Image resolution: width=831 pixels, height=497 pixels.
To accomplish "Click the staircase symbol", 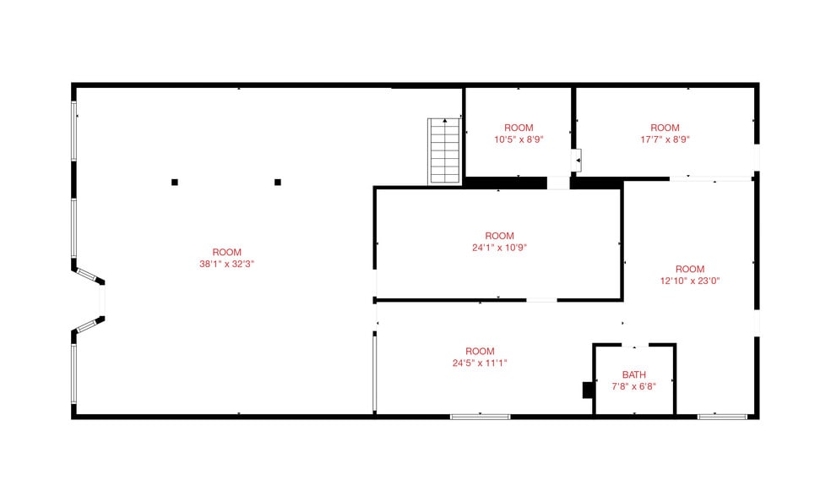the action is pyautogui.click(x=444, y=151).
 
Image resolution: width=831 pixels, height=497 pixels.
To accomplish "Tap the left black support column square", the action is pyautogui.click(x=174, y=183).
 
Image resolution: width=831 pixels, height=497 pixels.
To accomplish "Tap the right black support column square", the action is pyautogui.click(x=278, y=183).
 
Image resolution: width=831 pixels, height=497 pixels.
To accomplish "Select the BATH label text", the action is pyautogui.click(x=634, y=374).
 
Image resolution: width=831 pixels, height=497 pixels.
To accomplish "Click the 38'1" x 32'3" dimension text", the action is pyautogui.click(x=227, y=265).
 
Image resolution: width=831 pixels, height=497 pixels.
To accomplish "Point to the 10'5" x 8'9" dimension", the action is pyautogui.click(x=519, y=139).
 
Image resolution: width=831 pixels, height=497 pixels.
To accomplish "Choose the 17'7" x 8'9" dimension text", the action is pyautogui.click(x=665, y=139).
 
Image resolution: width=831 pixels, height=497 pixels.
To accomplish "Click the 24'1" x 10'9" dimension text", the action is pyautogui.click(x=499, y=248).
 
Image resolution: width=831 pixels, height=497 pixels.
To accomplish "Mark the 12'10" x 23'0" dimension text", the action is pyautogui.click(x=690, y=281).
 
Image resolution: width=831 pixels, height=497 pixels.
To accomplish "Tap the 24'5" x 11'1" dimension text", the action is pyautogui.click(x=480, y=363).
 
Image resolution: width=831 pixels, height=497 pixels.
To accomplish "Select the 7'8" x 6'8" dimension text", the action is pyautogui.click(x=634, y=386).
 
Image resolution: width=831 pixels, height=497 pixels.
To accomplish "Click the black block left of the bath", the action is pyautogui.click(x=588, y=390).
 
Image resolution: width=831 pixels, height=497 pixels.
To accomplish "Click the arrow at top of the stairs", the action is pyautogui.click(x=445, y=121).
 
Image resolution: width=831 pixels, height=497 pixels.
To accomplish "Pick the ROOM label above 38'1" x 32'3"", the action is pyautogui.click(x=227, y=253).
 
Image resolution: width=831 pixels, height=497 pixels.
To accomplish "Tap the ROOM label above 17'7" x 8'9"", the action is pyautogui.click(x=665, y=128).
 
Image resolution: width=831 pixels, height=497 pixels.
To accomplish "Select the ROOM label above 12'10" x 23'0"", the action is pyautogui.click(x=690, y=269).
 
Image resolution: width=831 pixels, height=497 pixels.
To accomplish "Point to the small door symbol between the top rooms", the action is pyautogui.click(x=577, y=161).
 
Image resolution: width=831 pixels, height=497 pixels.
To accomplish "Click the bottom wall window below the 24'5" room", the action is pyautogui.click(x=481, y=417).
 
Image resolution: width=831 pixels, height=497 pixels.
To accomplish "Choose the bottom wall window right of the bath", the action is pyautogui.click(x=722, y=417).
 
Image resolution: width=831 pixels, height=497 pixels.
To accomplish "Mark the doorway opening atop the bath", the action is pyautogui.click(x=634, y=346).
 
